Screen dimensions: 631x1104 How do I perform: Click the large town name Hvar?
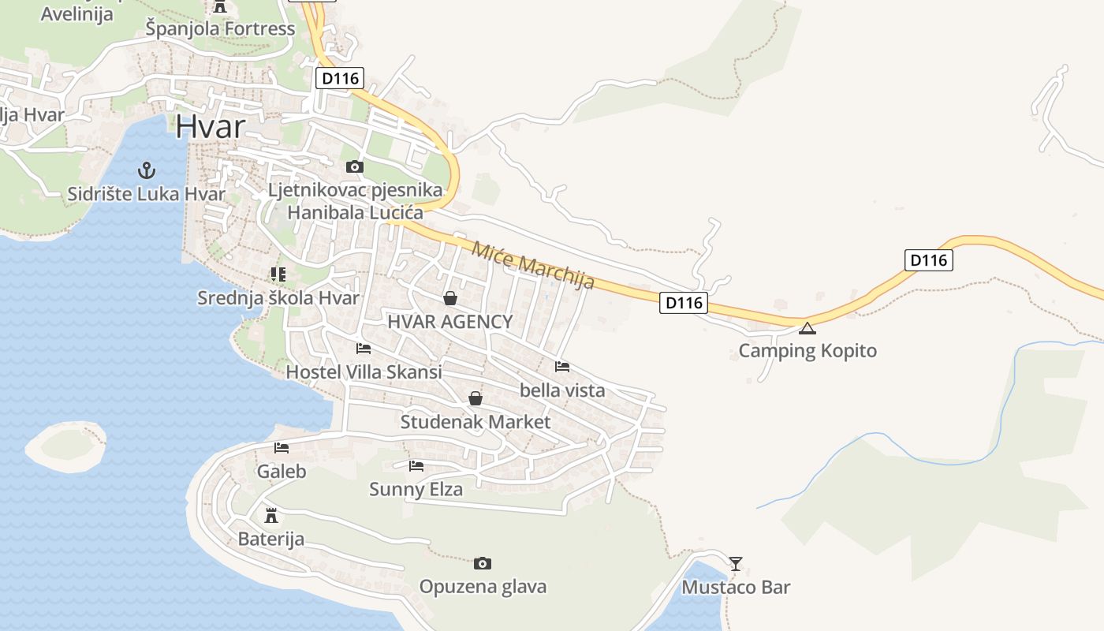tap(210, 126)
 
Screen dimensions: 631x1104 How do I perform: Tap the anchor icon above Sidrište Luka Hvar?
tap(145, 170)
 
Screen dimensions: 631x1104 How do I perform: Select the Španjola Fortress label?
tap(221, 29)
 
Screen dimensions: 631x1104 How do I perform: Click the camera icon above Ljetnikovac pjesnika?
tap(355, 166)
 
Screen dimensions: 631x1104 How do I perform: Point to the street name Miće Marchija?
tap(532, 265)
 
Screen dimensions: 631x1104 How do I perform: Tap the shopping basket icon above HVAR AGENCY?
tap(450, 298)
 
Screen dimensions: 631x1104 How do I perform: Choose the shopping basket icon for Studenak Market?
tap(475, 398)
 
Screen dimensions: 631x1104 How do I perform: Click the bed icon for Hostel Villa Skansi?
tap(364, 348)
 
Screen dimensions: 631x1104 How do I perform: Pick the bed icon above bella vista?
tap(562, 367)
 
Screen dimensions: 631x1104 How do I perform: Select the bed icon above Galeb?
tap(282, 448)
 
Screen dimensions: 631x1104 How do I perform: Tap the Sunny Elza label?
tap(416, 489)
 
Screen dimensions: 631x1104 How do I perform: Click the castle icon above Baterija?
tap(271, 516)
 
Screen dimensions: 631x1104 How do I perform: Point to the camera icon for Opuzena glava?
tap(483, 563)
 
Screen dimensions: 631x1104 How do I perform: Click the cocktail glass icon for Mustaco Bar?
tap(736, 563)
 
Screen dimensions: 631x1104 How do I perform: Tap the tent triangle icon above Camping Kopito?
tap(807, 328)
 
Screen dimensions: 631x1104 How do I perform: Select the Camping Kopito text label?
tap(807, 350)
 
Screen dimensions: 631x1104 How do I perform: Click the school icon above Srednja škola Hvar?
tap(278, 274)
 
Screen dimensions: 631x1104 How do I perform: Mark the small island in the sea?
tap(66, 445)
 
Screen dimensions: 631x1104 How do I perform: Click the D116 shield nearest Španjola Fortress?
tap(341, 78)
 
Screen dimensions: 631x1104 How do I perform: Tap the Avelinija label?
tap(76, 13)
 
